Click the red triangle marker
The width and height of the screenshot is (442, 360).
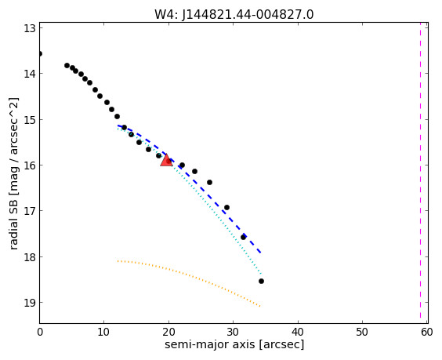click(166, 160)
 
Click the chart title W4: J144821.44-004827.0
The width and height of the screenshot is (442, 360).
click(234, 14)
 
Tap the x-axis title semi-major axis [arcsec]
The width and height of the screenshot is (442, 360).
click(234, 344)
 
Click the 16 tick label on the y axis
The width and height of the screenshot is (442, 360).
click(29, 165)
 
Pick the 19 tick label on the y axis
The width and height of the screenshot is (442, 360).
click(29, 303)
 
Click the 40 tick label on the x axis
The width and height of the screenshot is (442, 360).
click(298, 332)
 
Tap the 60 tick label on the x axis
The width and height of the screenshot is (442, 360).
click(427, 332)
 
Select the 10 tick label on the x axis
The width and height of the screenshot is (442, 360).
click(103, 332)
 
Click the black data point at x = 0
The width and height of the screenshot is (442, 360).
click(40, 53)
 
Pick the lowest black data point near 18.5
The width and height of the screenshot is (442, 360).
click(261, 281)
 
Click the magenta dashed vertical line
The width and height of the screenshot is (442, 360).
click(420, 173)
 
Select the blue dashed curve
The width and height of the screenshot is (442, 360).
click(188, 176)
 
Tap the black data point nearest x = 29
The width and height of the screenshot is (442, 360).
click(226, 207)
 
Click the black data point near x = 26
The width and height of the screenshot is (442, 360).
click(209, 182)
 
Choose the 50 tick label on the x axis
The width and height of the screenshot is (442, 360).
click(362, 332)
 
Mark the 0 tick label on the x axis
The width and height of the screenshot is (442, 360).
click(40, 332)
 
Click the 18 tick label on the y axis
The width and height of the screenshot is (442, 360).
click(29, 256)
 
